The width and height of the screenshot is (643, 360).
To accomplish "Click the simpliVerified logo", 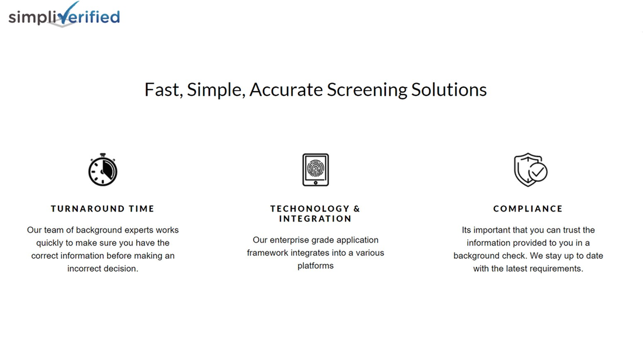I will (64, 16).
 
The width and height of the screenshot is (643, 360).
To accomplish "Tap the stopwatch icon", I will (103, 169).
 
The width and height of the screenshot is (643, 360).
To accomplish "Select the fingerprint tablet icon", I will (316, 169).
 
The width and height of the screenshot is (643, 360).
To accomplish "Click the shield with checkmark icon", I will (530, 169).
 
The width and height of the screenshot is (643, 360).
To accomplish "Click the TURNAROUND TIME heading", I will (103, 209).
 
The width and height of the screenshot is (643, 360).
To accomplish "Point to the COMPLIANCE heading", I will (528, 209).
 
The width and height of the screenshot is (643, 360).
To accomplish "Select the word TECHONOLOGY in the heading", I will (310, 209).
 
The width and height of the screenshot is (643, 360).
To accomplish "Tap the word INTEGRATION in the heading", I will (316, 219).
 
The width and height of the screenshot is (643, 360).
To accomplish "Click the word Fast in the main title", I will (161, 90).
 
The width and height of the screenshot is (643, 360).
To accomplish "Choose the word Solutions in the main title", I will (449, 90).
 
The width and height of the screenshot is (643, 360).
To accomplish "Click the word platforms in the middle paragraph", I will (316, 266).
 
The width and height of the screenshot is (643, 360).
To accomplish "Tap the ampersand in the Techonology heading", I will (357, 209).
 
